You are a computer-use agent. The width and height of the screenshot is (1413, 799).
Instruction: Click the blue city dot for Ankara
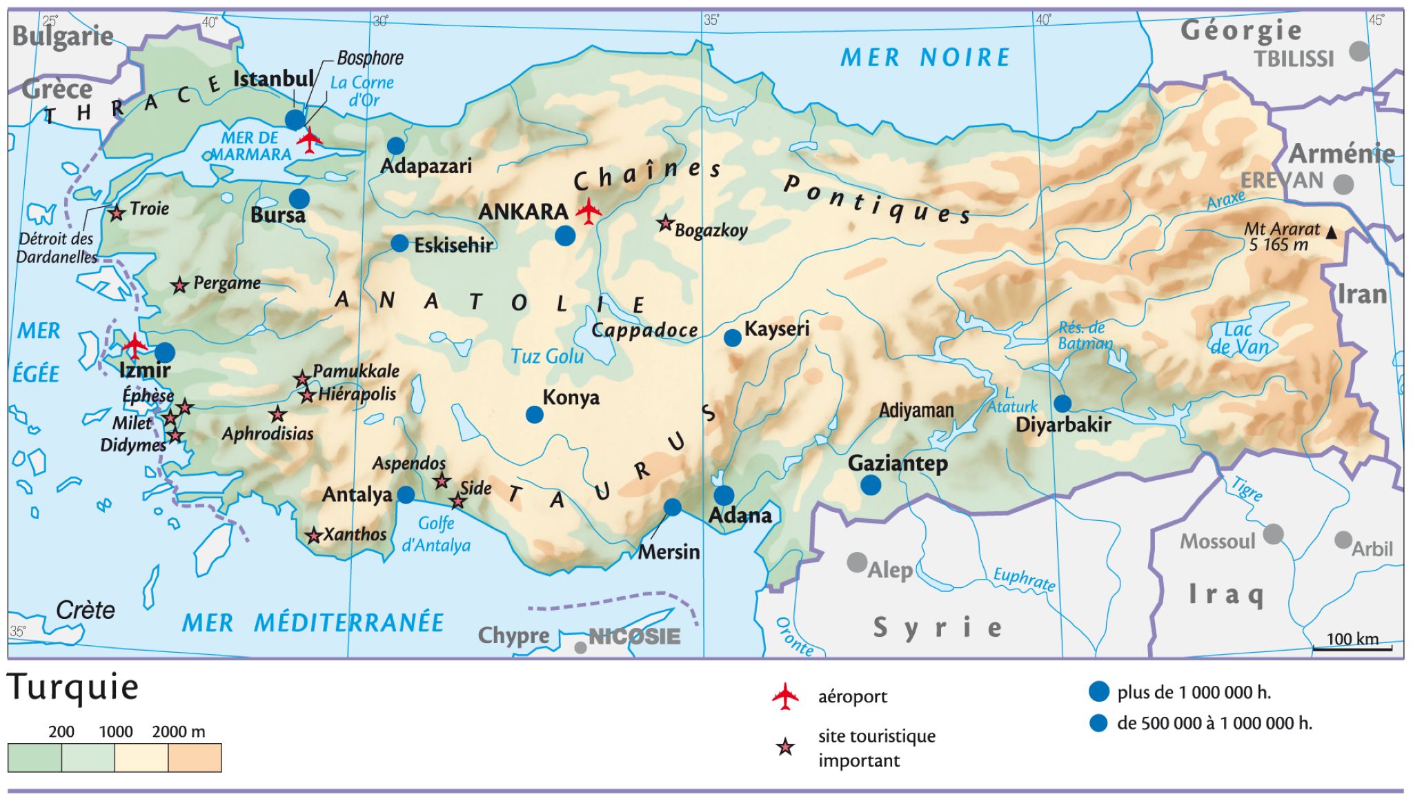pos(564,236)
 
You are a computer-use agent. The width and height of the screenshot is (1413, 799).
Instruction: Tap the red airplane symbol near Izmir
pos(135,344)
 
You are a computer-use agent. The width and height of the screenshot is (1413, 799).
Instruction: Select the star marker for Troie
pos(117,213)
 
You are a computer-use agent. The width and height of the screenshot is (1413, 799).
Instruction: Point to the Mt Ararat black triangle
pos(1331,234)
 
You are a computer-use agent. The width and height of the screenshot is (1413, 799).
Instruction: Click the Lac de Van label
pos(1239,338)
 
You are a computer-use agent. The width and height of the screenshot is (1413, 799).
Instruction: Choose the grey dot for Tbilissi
pos(1358,50)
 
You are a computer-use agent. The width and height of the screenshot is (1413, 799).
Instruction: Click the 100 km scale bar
pos(1352,648)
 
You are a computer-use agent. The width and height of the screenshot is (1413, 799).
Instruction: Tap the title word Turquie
pos(73,688)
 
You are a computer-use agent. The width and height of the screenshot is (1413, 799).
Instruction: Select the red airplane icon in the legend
pos(785,696)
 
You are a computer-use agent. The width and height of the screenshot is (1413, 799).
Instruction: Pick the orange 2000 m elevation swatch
pos(195,758)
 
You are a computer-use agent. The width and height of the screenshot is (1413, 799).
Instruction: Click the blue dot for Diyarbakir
pos(1063,404)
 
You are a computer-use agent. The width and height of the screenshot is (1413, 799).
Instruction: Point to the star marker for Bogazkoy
pos(665,223)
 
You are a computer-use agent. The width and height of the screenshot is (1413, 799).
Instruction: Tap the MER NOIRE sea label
pos(925,58)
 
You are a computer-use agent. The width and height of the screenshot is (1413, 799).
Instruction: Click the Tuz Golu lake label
pos(546,357)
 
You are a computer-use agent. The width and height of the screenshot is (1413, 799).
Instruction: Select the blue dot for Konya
pos(534,415)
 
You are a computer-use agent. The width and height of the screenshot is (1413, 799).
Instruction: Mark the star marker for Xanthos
pos(314,535)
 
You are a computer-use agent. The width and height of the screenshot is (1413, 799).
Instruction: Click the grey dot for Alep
pos(857,562)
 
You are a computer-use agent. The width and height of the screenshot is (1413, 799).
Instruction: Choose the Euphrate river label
pos(1024,579)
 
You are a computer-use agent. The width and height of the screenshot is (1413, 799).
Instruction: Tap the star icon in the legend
pos(785,747)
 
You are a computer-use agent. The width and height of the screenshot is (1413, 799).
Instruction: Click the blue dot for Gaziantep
pos(871,486)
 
